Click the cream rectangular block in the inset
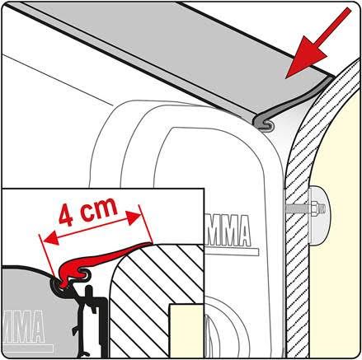[183, 330]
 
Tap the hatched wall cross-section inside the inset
[148, 297]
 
